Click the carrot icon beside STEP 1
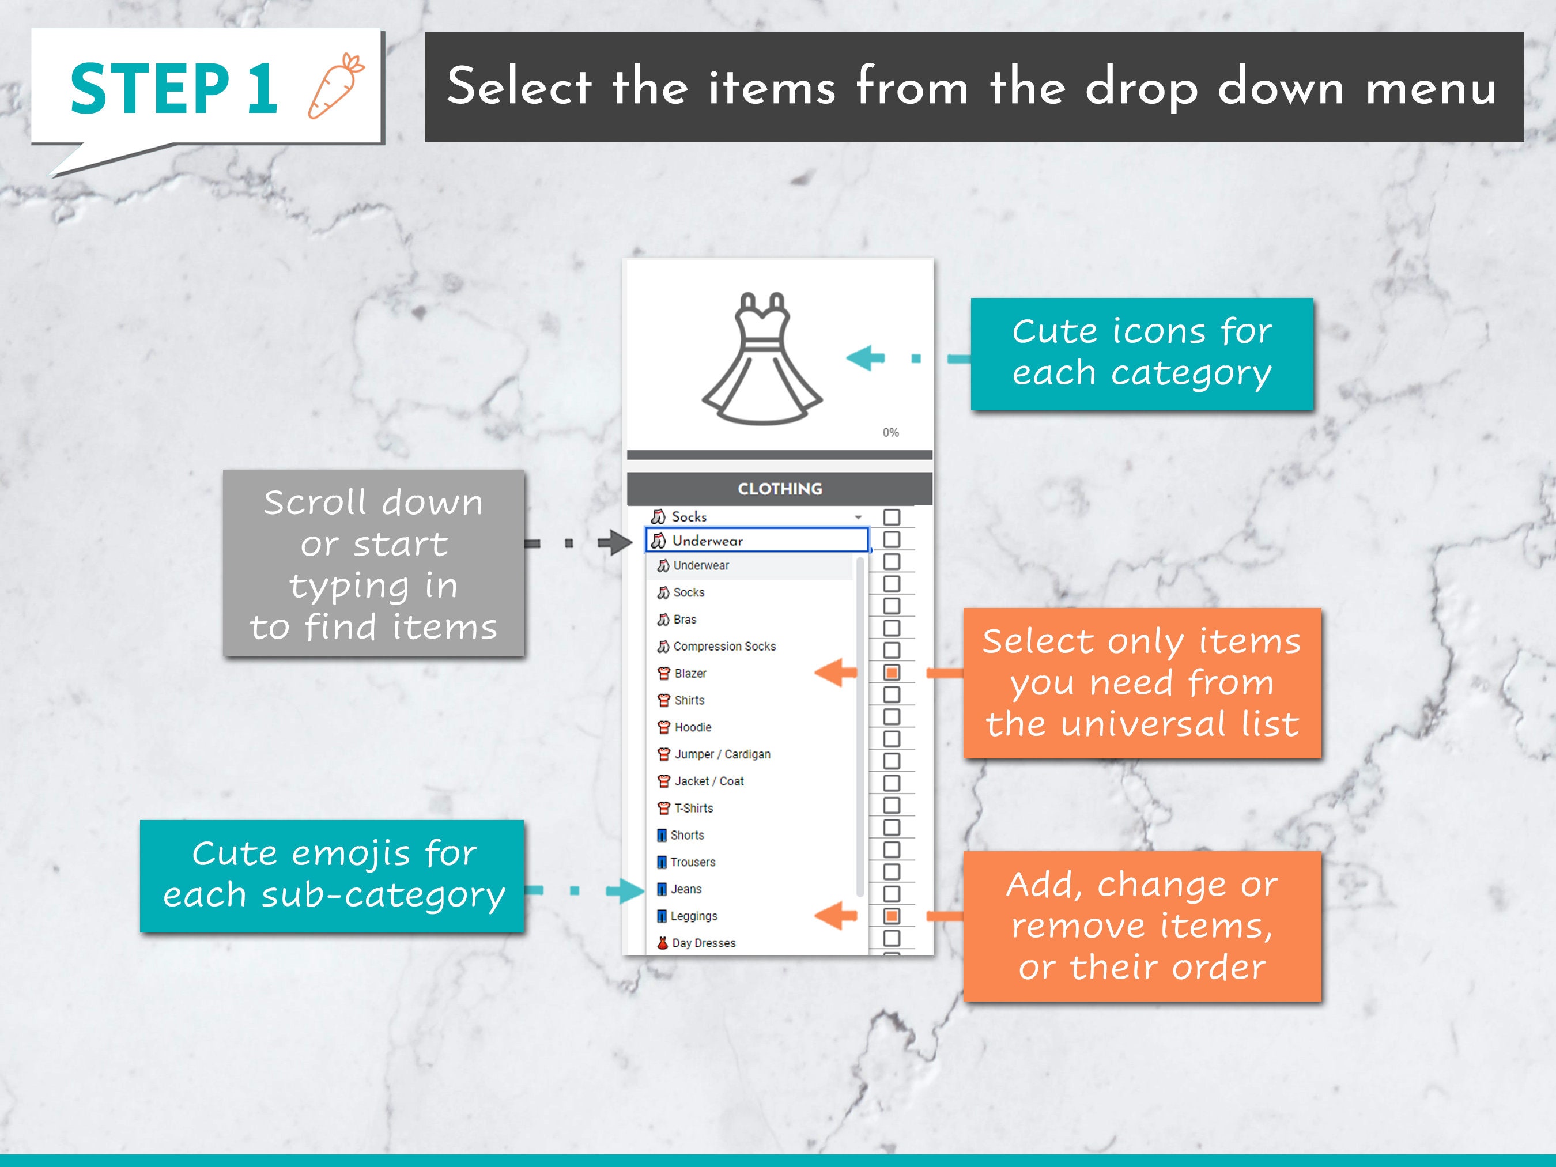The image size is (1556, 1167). (x=336, y=86)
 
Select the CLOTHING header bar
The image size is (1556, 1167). (x=779, y=489)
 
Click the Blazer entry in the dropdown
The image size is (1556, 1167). (x=689, y=673)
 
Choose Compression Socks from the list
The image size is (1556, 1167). (x=724, y=647)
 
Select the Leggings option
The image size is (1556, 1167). (x=694, y=916)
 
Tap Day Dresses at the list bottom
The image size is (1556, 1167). (x=704, y=943)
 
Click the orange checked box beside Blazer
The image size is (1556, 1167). (x=892, y=673)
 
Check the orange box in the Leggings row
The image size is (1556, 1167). (x=892, y=916)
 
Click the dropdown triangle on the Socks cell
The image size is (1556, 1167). (x=858, y=518)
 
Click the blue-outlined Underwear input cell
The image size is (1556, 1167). (x=757, y=540)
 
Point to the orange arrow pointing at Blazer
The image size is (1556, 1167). (x=836, y=673)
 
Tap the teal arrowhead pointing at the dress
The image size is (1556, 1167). (x=864, y=358)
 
